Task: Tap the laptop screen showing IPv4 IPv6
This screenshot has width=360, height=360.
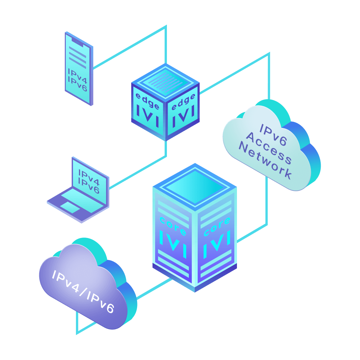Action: pyautogui.click(x=89, y=182)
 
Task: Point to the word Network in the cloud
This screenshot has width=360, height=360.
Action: pyautogui.click(x=265, y=161)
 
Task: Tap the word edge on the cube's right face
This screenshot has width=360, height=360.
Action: pyautogui.click(x=183, y=101)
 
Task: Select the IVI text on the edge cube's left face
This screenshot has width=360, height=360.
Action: pyautogui.click(x=148, y=116)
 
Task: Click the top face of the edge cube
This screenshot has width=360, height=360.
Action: pyautogui.click(x=165, y=81)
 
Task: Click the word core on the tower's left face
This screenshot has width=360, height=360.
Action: pyautogui.click(x=173, y=226)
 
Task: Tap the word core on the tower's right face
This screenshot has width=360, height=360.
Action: pyautogui.click(x=217, y=227)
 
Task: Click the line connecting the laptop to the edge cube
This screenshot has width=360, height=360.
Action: pyautogui.click(x=137, y=172)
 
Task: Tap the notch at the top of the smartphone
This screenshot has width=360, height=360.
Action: pyautogui.click(x=78, y=42)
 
